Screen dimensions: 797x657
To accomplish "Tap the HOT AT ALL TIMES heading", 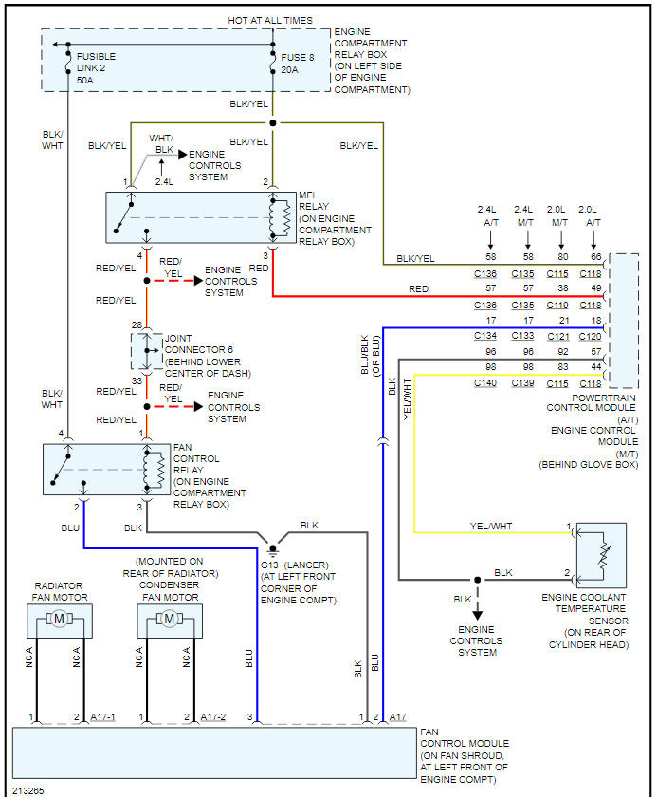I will (270, 20).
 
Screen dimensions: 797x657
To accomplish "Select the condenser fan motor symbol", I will (170, 620).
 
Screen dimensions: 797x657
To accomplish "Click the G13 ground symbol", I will (273, 548).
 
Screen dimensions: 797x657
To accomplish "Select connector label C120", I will (590, 336).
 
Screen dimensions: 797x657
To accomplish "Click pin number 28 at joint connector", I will (137, 325).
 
